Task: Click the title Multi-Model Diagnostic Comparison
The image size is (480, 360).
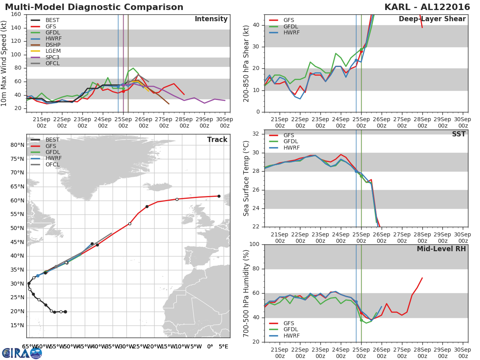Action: click(x=94, y=7)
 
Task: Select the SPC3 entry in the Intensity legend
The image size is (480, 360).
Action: click(x=53, y=57)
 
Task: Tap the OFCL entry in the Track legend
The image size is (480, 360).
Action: click(x=52, y=164)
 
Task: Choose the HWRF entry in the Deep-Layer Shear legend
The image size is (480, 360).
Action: click(x=291, y=32)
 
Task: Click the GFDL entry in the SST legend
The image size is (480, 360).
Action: click(x=291, y=142)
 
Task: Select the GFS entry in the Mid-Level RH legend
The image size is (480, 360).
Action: click(x=291, y=324)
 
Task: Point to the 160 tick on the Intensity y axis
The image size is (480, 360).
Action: click(x=16, y=14)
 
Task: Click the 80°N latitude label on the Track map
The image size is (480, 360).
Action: click(x=17, y=145)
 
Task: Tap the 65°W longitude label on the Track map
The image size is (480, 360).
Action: click(x=29, y=346)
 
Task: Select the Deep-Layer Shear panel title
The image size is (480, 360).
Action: click(x=432, y=19)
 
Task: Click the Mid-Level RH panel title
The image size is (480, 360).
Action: click(x=441, y=249)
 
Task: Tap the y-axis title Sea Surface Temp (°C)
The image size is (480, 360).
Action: click(x=246, y=178)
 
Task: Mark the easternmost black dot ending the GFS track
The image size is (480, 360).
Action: click(x=219, y=196)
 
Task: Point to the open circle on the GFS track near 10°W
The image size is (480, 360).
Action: click(x=177, y=199)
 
